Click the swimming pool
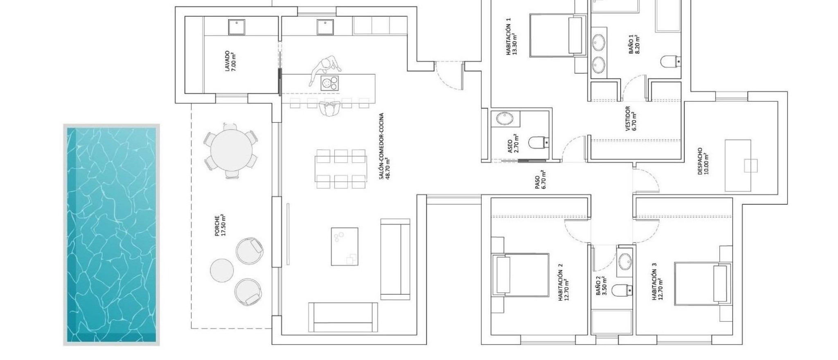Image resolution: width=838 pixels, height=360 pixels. pos(111,234)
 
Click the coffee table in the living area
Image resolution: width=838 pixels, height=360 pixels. pos(345,246)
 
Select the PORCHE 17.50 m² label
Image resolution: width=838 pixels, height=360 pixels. pos(221,225)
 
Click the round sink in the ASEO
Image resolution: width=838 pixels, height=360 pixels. pos(504,118)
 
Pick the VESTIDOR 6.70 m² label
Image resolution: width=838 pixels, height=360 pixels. pos(631,119)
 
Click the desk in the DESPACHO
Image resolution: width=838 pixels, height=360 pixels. pos(738,165)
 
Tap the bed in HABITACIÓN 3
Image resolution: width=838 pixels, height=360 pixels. pos(702,283)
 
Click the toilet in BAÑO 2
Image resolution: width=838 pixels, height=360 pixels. pos(622,290)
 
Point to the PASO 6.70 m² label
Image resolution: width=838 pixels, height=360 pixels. pos(540,180)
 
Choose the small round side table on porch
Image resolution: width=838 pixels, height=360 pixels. pos(221,270)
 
